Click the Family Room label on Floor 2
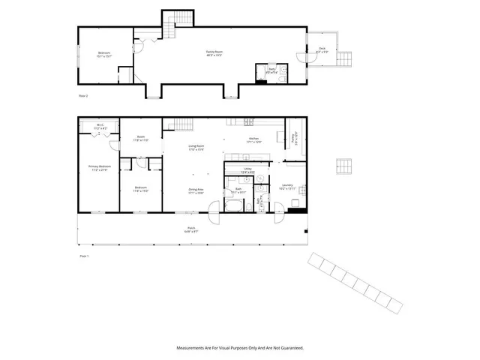click(215, 53)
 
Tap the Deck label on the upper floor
click(322, 49)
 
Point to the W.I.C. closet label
click(100, 127)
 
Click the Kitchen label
click(254, 140)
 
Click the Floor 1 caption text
click(84, 256)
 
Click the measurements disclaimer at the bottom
click(240, 348)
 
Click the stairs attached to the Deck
click(346, 59)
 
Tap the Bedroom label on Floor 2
click(104, 54)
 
